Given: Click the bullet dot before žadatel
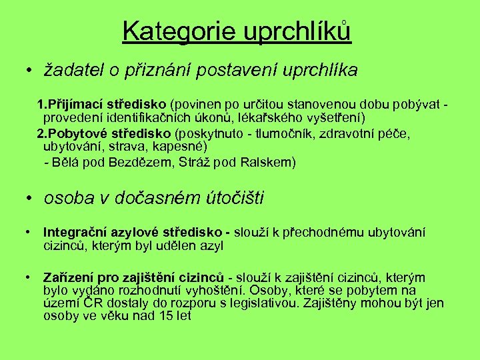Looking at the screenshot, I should coord(29,70).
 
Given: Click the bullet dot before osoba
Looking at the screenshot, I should coord(29,199).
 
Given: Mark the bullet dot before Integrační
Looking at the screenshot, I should coord(29,233).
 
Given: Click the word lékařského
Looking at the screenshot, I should coord(275,117).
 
